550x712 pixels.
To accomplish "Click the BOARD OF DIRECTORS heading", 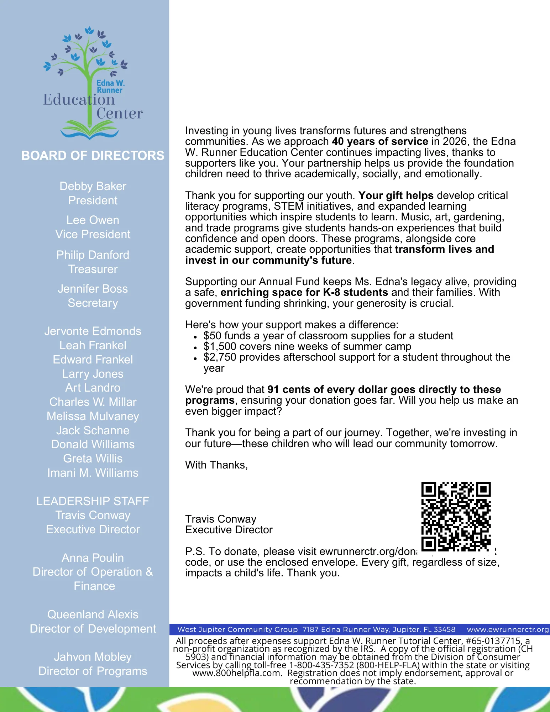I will pos(93,156).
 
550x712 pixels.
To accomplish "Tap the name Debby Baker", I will pos(93,186).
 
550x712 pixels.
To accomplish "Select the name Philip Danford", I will pos(93,255).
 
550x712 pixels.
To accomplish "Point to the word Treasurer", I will pos(93,269).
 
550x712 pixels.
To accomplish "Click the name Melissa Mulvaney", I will pos(93,416).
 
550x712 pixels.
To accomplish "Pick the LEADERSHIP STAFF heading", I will pos(93,501).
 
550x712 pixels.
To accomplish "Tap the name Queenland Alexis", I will pos(93,614).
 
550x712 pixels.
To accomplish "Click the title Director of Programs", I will pos(93,671).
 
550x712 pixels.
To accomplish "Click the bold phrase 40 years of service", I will pos(380,141).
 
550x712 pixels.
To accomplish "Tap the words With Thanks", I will pos(216,465).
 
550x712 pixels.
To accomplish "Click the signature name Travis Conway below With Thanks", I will pos(221,519).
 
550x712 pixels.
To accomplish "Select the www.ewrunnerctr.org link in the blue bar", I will pos(508,629).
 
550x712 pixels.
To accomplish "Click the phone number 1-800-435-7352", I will pos(321,665).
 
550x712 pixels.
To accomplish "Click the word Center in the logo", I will pos(120,114).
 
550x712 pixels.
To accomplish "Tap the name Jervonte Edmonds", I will pos(93,331).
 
